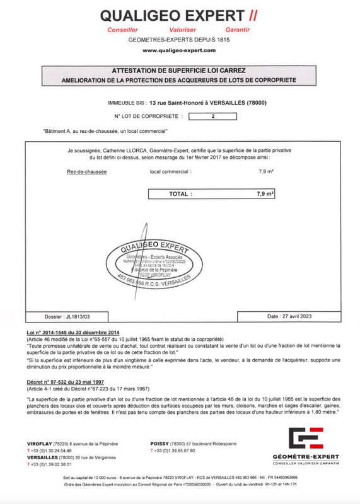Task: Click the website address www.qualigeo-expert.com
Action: tap(180, 50)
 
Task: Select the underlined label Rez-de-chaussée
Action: tap(86, 171)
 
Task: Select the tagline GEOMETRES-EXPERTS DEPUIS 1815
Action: tap(180, 39)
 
